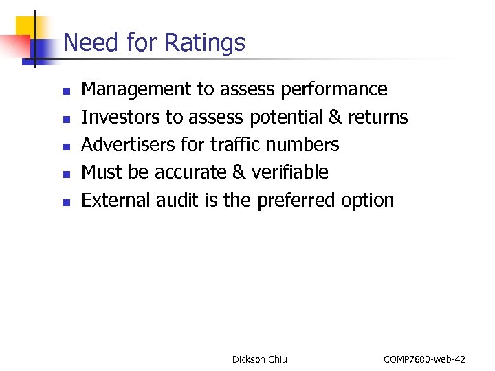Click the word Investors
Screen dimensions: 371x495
coord(120,117)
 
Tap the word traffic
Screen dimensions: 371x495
coord(234,145)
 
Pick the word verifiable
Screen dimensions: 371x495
coord(289,172)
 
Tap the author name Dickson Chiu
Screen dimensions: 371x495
coord(260,359)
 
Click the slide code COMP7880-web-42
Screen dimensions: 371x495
coord(424,359)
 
